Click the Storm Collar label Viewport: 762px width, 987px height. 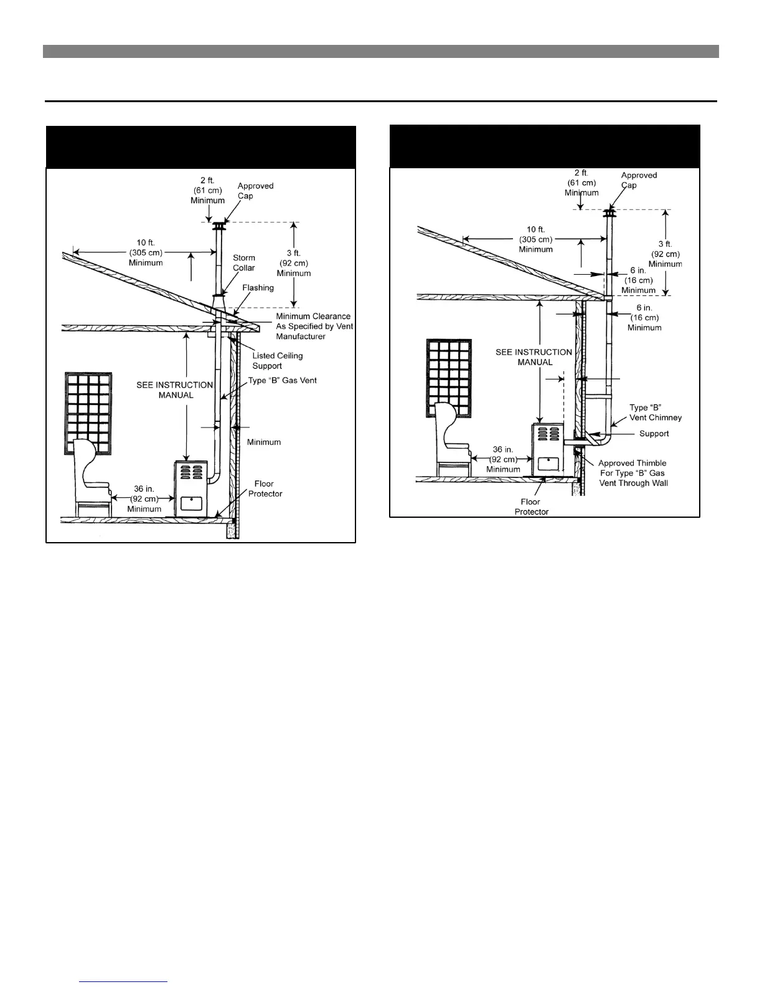[244, 262]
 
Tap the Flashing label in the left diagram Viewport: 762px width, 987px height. [258, 288]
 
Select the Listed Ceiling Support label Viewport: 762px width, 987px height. [277, 361]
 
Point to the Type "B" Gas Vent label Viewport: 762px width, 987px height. [283, 380]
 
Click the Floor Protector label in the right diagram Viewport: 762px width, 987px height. [531, 507]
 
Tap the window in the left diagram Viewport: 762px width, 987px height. [88, 412]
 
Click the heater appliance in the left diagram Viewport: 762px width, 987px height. [190, 489]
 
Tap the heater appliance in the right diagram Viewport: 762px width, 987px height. [548, 450]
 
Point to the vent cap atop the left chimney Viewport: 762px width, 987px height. [219, 225]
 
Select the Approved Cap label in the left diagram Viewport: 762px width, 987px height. [255, 191]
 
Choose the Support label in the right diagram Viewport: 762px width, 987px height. [654, 434]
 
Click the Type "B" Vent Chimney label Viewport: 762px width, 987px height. [655, 412]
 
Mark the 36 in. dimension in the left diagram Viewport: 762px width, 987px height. [144, 499]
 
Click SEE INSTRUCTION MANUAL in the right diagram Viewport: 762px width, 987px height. [534, 357]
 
